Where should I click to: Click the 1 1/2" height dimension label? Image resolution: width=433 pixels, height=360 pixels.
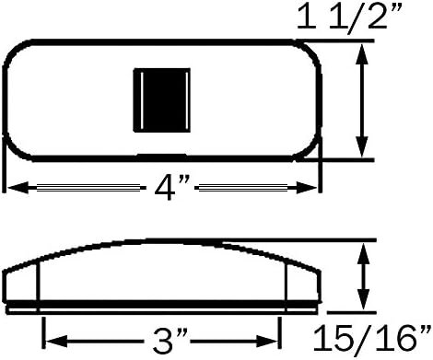349,17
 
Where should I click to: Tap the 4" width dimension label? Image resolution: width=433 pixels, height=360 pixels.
169,187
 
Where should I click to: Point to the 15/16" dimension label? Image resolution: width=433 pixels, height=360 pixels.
372,339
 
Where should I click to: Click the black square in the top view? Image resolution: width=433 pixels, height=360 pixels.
162,100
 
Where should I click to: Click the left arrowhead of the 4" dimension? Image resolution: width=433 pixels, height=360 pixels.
18,187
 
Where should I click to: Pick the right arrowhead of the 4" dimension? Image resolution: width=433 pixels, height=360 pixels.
307,188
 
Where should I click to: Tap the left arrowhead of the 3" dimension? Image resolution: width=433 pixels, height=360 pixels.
56,342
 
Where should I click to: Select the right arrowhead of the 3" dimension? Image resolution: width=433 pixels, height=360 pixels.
267,342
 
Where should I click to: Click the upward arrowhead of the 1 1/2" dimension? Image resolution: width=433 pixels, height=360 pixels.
362,54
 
